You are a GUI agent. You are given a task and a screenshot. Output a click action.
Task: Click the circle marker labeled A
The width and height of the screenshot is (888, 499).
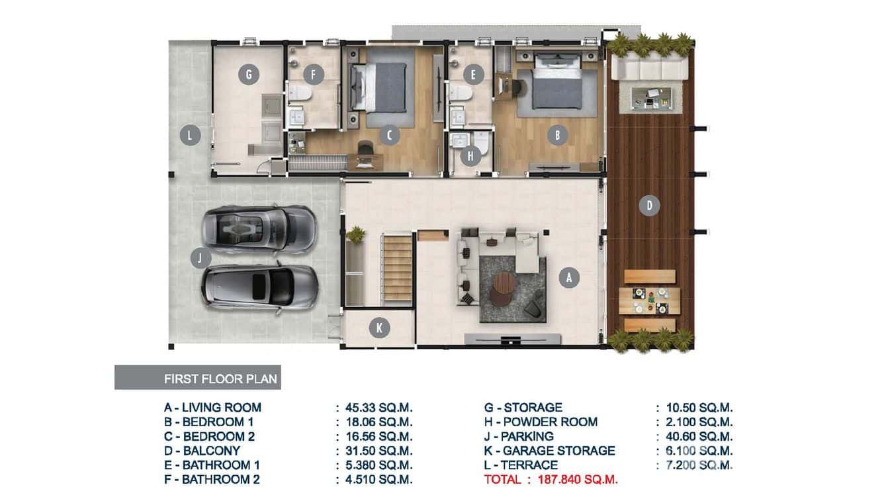pyautogui.click(x=568, y=279)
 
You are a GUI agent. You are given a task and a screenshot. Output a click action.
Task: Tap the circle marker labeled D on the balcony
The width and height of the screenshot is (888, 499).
pyautogui.click(x=649, y=206)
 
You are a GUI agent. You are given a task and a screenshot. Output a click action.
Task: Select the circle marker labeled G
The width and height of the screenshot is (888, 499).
pyautogui.click(x=248, y=75)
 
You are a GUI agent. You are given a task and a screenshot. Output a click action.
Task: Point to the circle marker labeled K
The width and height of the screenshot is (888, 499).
pyautogui.click(x=379, y=328)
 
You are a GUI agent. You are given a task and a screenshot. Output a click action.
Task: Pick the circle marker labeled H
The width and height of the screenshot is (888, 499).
pyautogui.click(x=470, y=156)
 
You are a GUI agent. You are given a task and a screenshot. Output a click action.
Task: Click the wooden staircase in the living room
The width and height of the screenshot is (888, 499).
pyautogui.click(x=397, y=268)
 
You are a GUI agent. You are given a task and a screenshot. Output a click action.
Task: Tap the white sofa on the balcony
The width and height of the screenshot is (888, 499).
pyautogui.click(x=648, y=68)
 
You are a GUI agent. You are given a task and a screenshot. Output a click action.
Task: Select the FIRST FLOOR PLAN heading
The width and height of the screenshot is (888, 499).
pyautogui.click(x=221, y=379)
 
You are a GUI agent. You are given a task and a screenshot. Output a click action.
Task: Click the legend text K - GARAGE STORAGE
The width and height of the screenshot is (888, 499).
pyautogui.click(x=549, y=451)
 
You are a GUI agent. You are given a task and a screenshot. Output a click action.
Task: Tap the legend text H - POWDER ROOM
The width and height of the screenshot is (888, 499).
pyautogui.click(x=541, y=422)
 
